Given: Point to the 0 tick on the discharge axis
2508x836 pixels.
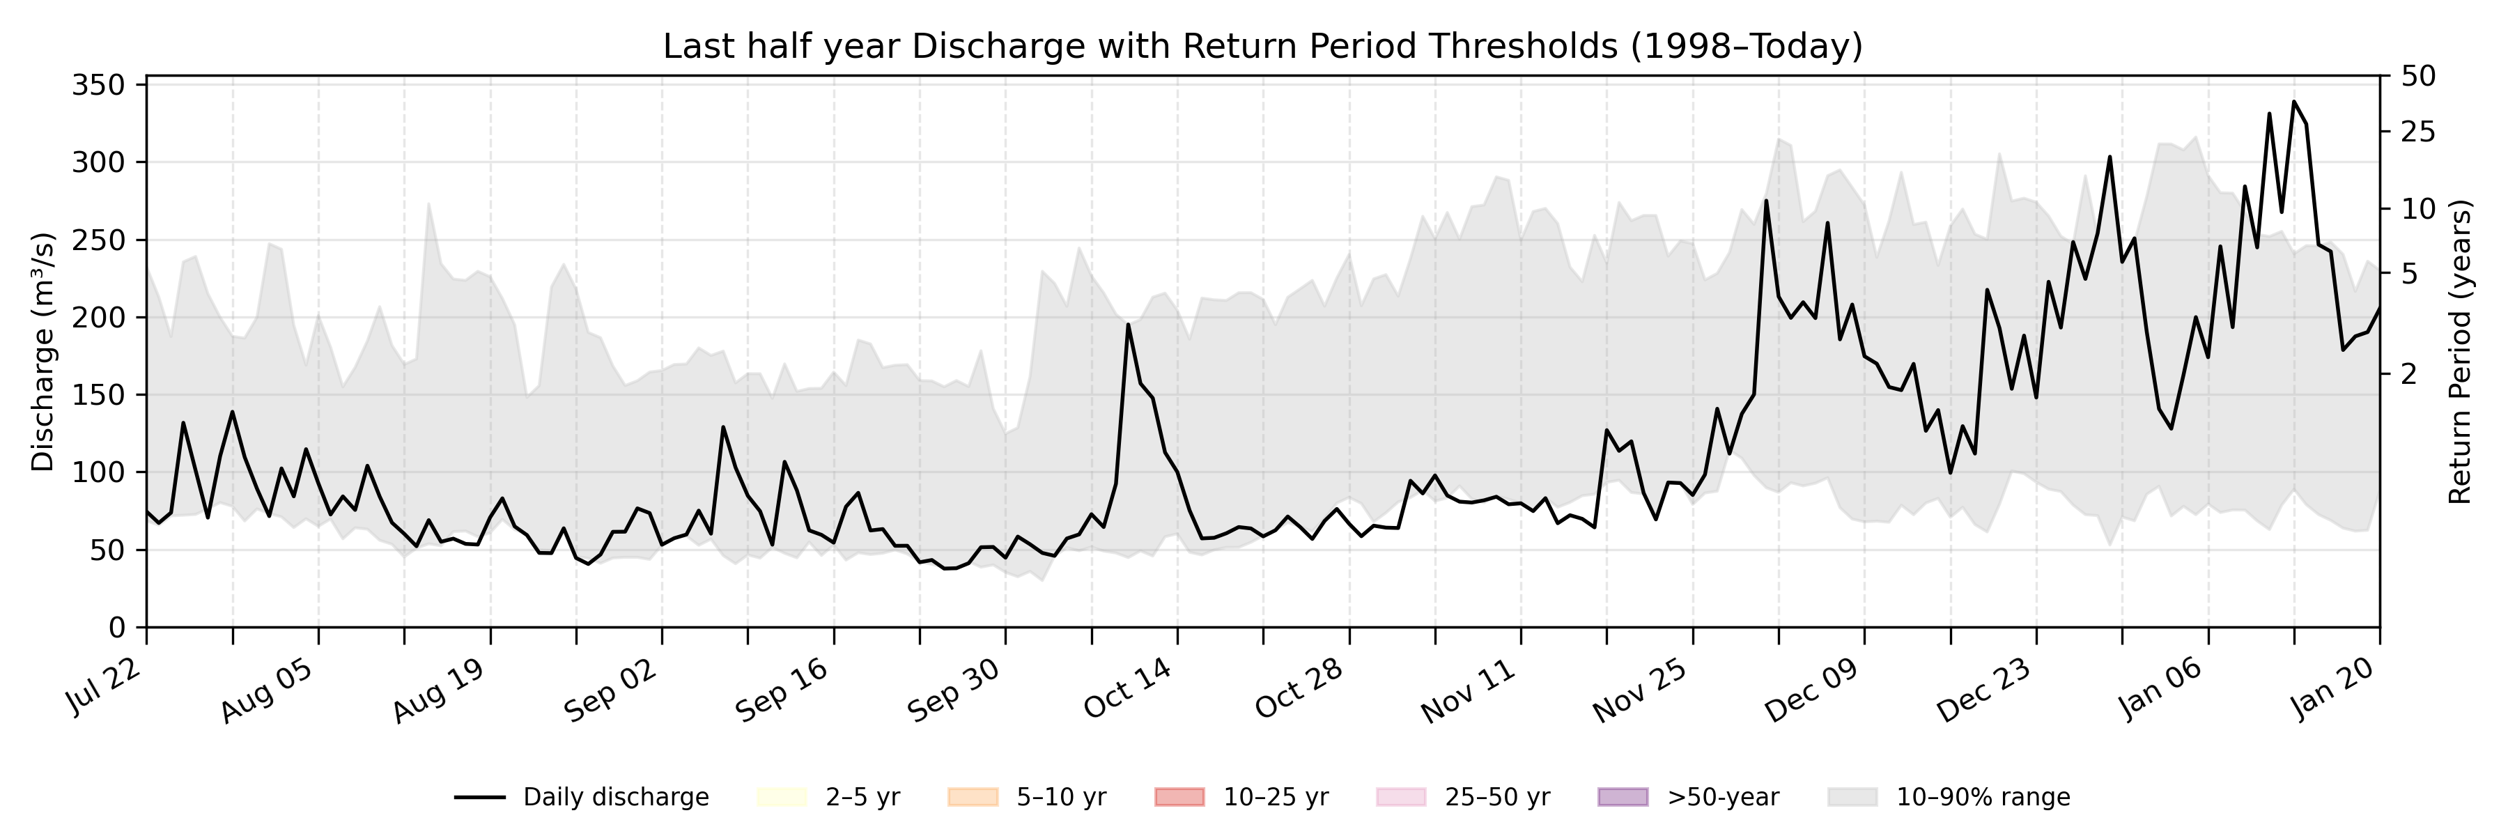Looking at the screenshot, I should (117, 628).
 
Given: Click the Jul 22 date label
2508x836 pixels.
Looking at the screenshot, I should (105, 688).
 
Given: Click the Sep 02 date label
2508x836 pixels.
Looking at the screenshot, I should (613, 690).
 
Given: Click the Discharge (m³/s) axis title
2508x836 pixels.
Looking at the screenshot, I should (42, 351).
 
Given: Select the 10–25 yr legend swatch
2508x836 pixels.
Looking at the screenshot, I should (1179, 797).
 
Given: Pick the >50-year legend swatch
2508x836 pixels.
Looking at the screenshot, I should (1623, 797).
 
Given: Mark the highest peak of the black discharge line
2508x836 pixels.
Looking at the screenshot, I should (2294, 101).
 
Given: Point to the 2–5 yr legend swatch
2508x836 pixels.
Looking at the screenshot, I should (782, 797).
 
